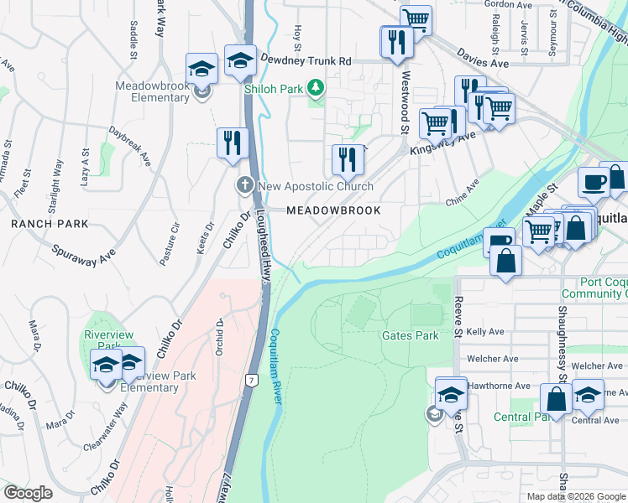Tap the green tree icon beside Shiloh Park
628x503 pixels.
click(316, 86)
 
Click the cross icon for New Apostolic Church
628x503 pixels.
click(244, 185)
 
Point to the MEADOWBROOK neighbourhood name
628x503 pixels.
click(333, 210)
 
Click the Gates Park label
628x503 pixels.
click(411, 335)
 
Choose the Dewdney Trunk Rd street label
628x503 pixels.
click(305, 61)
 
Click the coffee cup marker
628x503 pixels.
click(594, 182)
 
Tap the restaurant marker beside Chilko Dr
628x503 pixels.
click(232, 143)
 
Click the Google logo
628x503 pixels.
click(28, 493)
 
